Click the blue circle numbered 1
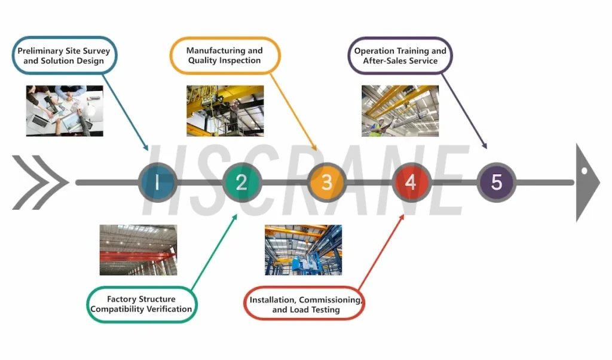click(158, 182)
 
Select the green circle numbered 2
click(242, 182)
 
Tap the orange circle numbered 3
click(327, 182)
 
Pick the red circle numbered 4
click(411, 182)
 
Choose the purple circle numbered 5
click(497, 182)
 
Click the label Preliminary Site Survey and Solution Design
click(65, 56)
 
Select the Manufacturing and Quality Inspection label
click(225, 56)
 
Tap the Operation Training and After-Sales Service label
click(400, 56)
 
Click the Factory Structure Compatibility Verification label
click(141, 304)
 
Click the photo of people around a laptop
click(65, 111)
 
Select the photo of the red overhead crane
click(138, 250)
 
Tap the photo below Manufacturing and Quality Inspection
click(225, 111)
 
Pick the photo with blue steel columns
click(303, 250)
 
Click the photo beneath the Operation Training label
click(400, 111)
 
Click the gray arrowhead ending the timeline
click(587, 182)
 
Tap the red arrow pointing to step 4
click(381, 252)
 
